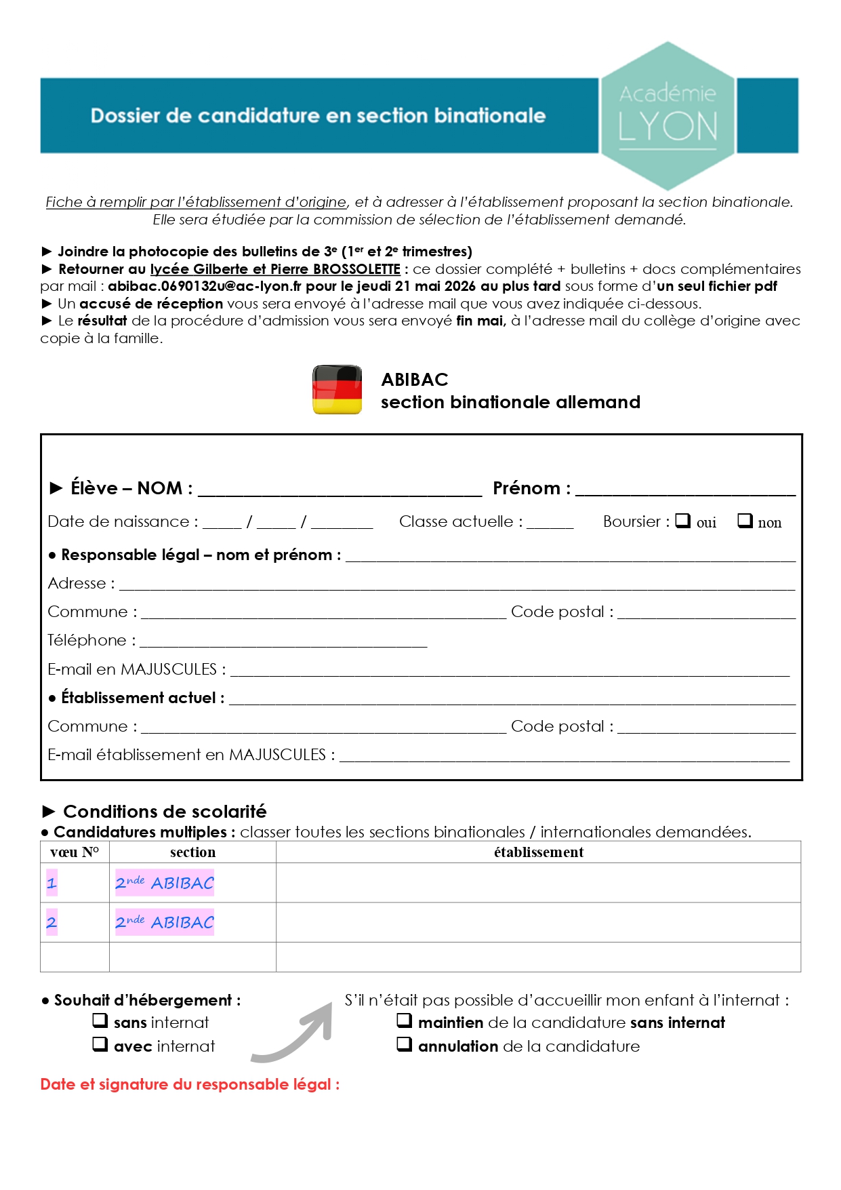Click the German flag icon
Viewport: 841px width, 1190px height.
(x=337, y=389)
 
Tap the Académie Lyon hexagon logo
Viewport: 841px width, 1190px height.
(x=668, y=115)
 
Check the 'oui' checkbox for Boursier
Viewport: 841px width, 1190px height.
(x=683, y=521)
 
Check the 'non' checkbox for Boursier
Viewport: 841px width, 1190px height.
(x=745, y=521)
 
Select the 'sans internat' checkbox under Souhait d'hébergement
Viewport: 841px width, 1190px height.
(x=100, y=1020)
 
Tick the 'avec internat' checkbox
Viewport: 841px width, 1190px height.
(x=100, y=1044)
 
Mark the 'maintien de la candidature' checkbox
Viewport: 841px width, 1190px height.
(x=405, y=1020)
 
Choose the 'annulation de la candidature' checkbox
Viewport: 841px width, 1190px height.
(x=405, y=1044)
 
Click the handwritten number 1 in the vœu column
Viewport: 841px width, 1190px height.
(x=52, y=883)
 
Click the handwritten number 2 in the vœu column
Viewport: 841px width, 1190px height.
(x=52, y=922)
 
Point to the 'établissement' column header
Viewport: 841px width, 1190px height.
(x=539, y=852)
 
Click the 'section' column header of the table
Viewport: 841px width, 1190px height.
(x=192, y=852)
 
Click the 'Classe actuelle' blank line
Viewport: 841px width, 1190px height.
(x=550, y=523)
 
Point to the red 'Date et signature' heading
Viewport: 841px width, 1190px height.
(x=190, y=1084)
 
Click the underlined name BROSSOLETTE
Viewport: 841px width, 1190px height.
(x=356, y=269)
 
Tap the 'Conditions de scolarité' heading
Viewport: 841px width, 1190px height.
(x=165, y=812)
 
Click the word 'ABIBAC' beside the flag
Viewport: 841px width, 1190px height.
(x=415, y=379)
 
